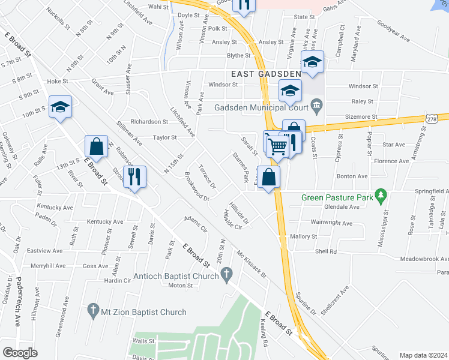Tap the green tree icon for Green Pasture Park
pyautogui.click(x=379, y=196)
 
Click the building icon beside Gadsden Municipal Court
pyautogui.click(x=316, y=109)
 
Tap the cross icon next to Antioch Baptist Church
pyautogui.click(x=226, y=275)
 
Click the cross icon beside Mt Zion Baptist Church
pyautogui.click(x=92, y=310)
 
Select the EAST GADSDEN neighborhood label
pyautogui.click(x=266, y=74)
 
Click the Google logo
pyautogui.click(x=20, y=352)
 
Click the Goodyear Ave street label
pyautogui.click(x=393, y=31)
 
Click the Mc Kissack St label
pyautogui.click(x=251, y=263)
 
